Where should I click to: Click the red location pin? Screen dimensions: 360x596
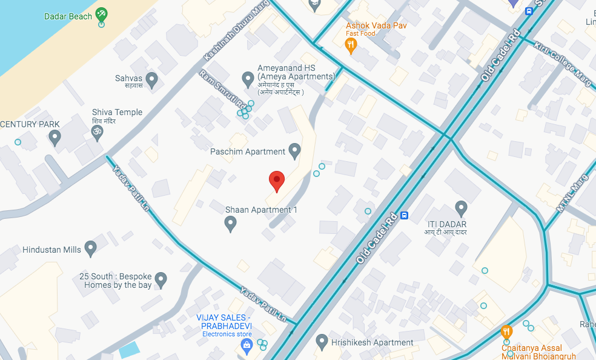tap(276, 180)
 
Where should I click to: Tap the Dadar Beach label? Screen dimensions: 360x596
tap(68, 16)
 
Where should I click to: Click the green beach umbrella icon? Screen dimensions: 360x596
tap(102, 13)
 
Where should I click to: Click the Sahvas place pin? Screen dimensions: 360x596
tap(151, 79)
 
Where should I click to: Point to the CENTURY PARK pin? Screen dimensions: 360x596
tap(55, 138)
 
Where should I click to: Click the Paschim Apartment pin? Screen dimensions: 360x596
tap(295, 150)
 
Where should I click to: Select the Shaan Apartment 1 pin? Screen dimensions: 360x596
tap(230, 224)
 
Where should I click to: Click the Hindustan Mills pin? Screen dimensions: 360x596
tap(91, 248)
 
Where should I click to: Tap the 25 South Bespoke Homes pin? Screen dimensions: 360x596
tap(161, 279)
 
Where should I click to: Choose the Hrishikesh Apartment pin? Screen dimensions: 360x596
tap(322, 342)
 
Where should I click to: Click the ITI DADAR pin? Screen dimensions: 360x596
tap(461, 208)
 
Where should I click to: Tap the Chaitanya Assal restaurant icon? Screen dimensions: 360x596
tap(506, 332)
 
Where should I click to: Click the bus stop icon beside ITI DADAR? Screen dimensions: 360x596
tap(404, 215)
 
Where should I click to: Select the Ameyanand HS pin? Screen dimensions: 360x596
tap(247, 79)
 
